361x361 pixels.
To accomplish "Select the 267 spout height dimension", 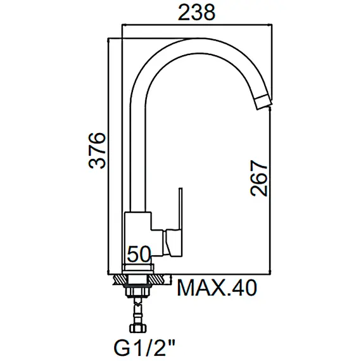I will [x=260, y=178].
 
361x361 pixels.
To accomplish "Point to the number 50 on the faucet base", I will [x=139, y=254].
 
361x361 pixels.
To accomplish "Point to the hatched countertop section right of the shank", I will [x=161, y=278].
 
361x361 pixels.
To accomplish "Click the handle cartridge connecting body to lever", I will [x=170, y=243].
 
